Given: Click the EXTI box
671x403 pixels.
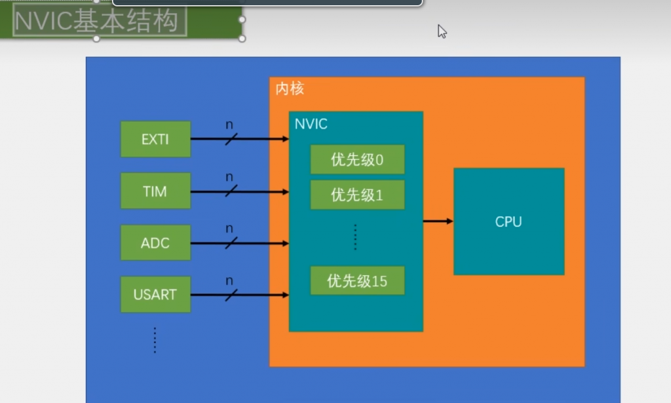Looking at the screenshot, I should (x=155, y=139).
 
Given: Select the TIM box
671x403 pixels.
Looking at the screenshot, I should (x=155, y=191).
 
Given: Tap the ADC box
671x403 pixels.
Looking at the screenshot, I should (x=155, y=242).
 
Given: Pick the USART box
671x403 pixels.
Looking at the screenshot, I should (x=155, y=294).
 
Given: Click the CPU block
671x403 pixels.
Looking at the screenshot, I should (x=508, y=221).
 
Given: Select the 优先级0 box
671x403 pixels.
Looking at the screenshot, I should (x=357, y=159).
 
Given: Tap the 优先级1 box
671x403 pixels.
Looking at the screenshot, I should (x=357, y=195).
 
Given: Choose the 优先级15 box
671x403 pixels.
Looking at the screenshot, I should (x=357, y=281).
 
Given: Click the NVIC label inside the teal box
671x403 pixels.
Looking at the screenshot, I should (x=311, y=124).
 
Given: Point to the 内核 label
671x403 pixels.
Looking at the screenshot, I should (x=289, y=88).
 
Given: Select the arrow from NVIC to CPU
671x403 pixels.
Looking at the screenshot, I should (x=438, y=221).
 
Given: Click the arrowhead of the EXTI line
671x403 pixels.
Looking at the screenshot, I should (x=286, y=139).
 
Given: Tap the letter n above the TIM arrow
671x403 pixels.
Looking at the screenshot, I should (x=229, y=177).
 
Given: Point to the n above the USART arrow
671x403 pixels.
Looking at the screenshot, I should (x=229, y=280).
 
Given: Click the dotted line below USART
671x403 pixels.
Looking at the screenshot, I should (x=155, y=339).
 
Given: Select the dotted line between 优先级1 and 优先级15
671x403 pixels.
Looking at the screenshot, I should (x=355, y=237).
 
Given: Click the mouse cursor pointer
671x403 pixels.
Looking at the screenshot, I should (x=442, y=31).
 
